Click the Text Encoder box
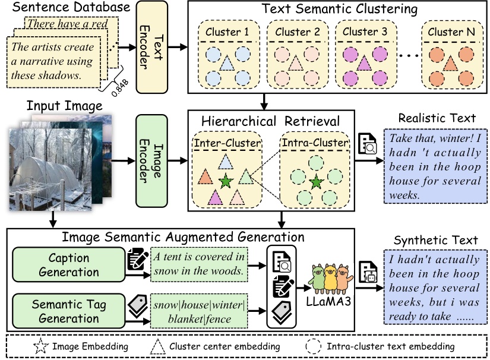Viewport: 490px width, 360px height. (153, 47)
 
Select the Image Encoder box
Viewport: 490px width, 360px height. (153, 160)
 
